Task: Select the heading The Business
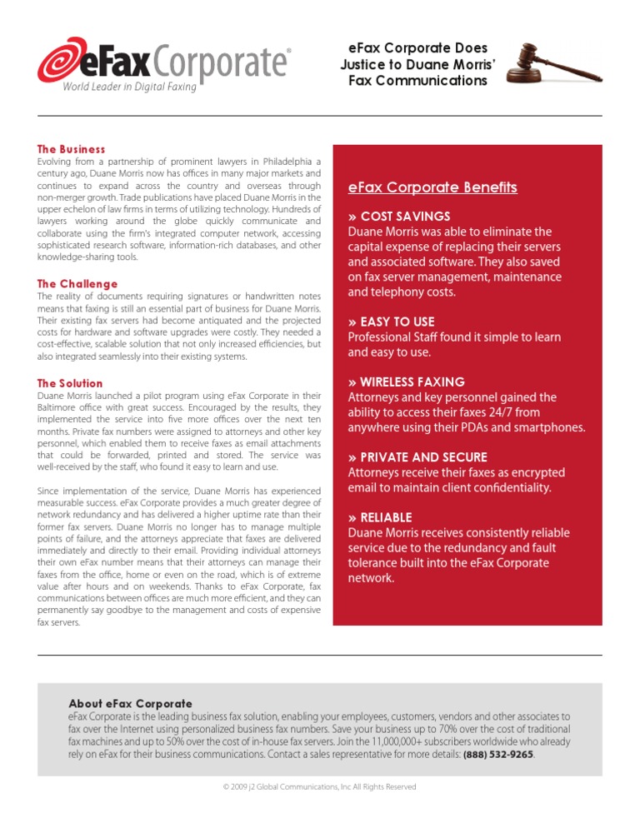click(72, 149)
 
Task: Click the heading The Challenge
click(77, 284)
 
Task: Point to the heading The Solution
click(71, 383)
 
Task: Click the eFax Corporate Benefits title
click(432, 187)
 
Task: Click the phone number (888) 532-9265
click(498, 755)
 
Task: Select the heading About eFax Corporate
click(130, 704)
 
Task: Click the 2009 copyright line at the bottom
click(319, 787)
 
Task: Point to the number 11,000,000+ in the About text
click(395, 741)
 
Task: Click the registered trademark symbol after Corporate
click(289, 51)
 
